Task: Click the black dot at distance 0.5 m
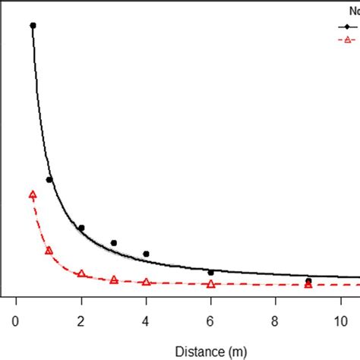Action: [33, 25]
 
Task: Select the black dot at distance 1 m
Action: [49, 180]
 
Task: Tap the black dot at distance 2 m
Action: [81, 228]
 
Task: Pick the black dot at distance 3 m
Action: [114, 243]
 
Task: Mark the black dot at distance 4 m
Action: [146, 254]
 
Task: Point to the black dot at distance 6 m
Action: [210, 272]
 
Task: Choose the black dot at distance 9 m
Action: [308, 281]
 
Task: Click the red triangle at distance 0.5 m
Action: [33, 194]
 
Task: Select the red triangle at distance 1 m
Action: [49, 250]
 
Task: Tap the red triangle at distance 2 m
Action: [81, 273]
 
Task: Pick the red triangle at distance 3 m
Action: [114, 279]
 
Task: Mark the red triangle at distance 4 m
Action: [146, 282]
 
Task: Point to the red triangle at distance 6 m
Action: [210, 284]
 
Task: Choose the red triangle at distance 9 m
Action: [308, 284]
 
